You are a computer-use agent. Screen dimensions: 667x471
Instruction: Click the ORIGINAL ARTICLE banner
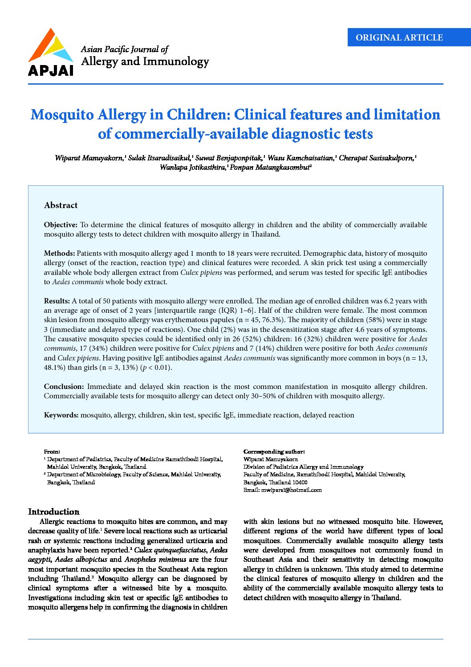(399, 38)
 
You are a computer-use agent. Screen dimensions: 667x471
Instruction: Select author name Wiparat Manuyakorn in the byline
(89, 158)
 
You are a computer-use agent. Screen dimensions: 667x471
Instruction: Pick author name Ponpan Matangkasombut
(270, 168)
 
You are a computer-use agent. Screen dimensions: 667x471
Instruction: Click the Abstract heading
(61, 205)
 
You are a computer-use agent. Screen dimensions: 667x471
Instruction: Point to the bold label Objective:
(61, 225)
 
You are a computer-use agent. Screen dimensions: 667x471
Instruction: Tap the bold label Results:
(57, 301)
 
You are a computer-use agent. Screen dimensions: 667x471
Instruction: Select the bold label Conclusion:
(64, 387)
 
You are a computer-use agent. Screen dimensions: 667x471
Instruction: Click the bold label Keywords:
(61, 415)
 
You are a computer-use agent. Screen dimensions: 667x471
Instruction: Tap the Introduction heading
(53, 512)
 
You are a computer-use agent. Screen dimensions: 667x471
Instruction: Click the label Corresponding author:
(274, 452)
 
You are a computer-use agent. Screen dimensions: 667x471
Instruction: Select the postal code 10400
(300, 483)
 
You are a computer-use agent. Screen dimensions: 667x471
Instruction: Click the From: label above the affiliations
(52, 452)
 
